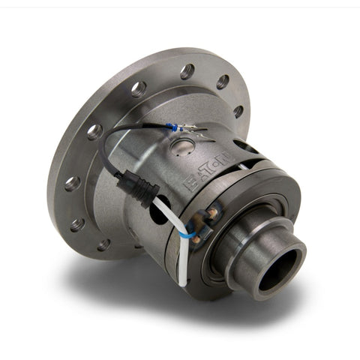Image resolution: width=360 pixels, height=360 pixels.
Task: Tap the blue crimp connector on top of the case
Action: [x=173, y=128]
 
